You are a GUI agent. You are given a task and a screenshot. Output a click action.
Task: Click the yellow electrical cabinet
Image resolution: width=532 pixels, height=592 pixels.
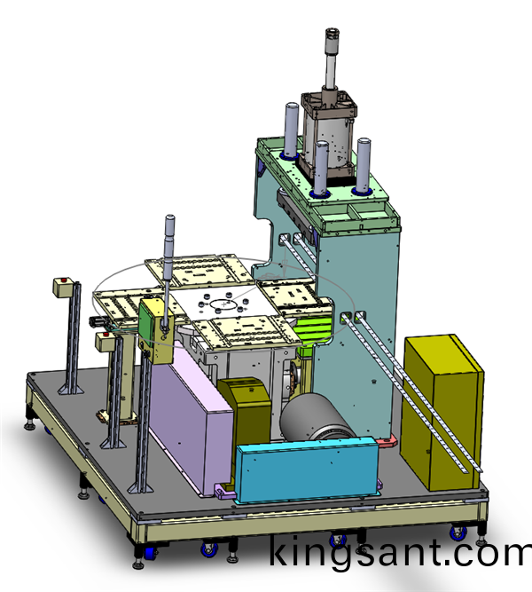[442, 413]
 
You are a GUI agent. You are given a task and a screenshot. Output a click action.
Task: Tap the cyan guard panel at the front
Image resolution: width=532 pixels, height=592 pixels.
[307, 470]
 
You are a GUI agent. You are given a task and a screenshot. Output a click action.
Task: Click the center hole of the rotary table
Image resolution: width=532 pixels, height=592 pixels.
[223, 304]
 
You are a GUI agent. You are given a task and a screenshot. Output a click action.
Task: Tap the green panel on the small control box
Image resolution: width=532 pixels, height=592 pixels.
[145, 320]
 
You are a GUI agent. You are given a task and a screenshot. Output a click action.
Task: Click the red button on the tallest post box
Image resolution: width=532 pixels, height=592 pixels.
[64, 280]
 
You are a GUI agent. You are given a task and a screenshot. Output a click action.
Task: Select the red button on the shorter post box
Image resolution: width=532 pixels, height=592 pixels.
[106, 334]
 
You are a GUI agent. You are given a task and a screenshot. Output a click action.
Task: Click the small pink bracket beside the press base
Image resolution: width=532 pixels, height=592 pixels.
[387, 440]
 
